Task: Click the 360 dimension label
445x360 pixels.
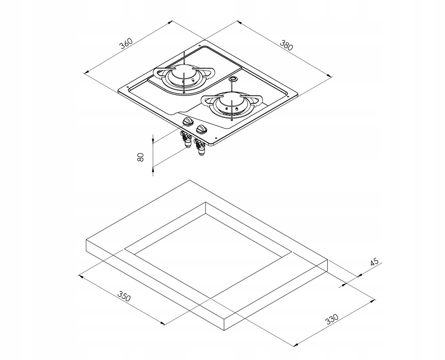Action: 126,44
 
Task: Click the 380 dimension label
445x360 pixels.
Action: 286,46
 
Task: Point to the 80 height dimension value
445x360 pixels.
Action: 141,157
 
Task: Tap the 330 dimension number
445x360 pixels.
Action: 332,319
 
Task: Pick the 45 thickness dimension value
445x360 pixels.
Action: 374,261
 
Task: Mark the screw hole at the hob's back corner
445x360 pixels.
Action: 200,46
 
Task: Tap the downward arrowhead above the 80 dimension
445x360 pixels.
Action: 153,141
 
